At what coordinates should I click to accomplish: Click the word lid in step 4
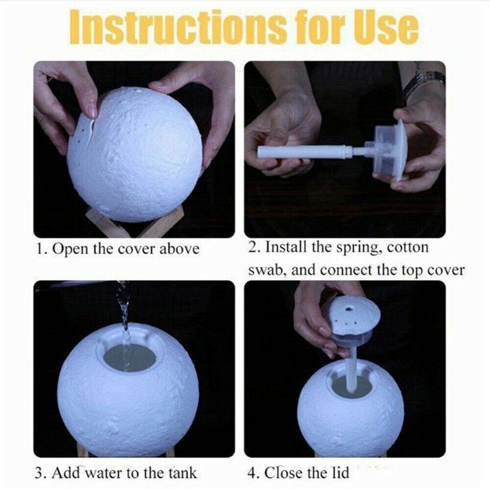[340, 472]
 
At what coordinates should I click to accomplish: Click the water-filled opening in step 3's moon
[129, 357]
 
